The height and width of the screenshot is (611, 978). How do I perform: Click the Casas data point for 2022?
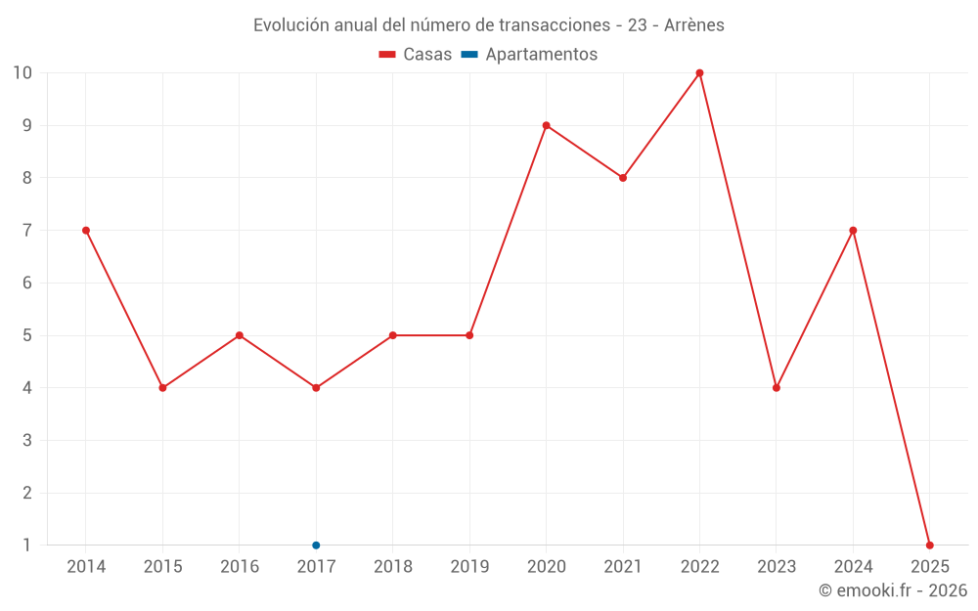click(x=699, y=73)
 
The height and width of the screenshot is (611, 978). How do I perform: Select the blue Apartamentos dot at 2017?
click(x=316, y=545)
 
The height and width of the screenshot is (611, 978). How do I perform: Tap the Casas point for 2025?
click(x=929, y=545)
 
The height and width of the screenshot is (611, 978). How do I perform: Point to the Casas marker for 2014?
click(x=86, y=231)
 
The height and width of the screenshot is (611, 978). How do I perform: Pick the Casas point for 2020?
click(x=546, y=125)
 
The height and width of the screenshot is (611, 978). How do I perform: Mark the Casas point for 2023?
click(x=777, y=388)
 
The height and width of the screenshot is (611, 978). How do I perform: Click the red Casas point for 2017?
click(x=316, y=388)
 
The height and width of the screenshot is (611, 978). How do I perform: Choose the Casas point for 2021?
click(x=623, y=178)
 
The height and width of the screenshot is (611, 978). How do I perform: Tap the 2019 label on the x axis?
click(x=469, y=567)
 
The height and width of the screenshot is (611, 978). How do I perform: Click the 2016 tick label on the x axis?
click(x=240, y=567)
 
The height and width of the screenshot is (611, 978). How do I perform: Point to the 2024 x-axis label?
click(x=853, y=567)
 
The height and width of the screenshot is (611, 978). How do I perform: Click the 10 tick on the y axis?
click(x=22, y=73)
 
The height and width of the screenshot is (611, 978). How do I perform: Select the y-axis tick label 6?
click(x=27, y=284)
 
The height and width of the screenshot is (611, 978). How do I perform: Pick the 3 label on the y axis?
click(x=27, y=441)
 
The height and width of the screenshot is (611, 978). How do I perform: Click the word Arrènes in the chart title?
click(x=694, y=25)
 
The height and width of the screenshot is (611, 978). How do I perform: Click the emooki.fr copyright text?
click(x=893, y=590)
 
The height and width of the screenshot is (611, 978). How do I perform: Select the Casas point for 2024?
click(x=853, y=231)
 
